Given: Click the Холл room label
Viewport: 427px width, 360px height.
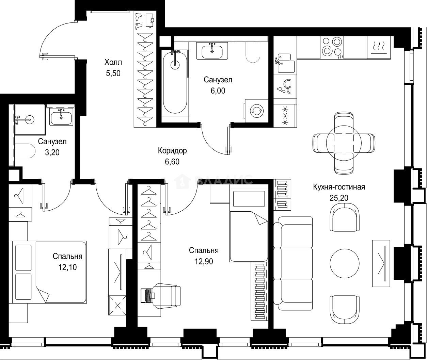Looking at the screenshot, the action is [113, 62].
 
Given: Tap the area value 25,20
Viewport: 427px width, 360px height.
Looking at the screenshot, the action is [339, 198].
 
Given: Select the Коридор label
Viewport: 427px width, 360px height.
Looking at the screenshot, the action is [172, 151].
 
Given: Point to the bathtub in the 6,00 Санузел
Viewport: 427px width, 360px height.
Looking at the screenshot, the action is [175, 82].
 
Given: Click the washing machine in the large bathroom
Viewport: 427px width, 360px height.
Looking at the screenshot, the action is [257, 111].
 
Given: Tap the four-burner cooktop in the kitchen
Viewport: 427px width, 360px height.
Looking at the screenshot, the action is [332, 48].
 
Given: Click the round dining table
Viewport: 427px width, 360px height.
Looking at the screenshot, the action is [344, 143].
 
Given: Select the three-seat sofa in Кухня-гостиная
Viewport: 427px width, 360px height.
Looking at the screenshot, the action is [293, 263].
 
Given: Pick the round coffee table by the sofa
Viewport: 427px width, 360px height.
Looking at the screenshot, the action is [345, 263].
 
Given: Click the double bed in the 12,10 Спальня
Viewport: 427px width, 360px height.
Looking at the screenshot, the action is [49, 272].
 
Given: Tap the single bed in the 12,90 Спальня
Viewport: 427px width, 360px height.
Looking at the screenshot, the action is [249, 225].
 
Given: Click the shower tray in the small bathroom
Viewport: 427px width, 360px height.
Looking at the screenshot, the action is [30, 119].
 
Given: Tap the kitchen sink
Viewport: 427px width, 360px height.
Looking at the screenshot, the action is [285, 63].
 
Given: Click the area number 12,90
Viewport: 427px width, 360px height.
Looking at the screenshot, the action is [204, 261].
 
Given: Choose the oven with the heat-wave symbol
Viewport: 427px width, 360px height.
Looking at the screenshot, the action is [379, 48].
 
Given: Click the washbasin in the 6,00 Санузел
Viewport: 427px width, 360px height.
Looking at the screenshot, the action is [212, 51].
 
